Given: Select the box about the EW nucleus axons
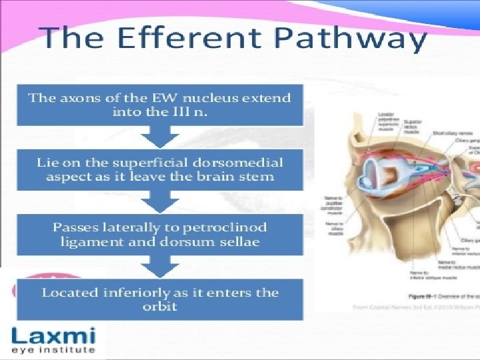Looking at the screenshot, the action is pyautogui.click(x=160, y=105).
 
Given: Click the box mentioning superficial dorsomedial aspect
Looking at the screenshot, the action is pyautogui.click(x=160, y=169).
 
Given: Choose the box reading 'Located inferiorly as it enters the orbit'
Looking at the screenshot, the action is pyautogui.click(x=160, y=299).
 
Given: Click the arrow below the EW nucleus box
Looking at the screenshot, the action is pyautogui.click(x=160, y=138).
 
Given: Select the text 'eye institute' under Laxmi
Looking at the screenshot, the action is pyautogui.click(x=53, y=349).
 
